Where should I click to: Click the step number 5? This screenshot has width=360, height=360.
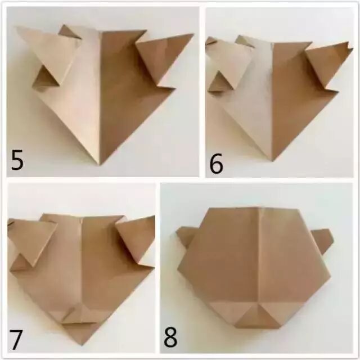[x=17, y=160]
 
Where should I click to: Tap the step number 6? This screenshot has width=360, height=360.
[x=216, y=164]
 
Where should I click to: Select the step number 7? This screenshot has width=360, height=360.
[x=16, y=339]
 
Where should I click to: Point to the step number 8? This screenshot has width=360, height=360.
[x=170, y=337]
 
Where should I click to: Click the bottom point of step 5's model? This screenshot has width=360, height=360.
[x=100, y=164]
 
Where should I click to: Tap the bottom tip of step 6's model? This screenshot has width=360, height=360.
[x=272, y=161]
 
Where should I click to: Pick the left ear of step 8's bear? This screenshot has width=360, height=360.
[x=183, y=236]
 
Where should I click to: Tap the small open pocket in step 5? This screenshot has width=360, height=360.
[x=46, y=79]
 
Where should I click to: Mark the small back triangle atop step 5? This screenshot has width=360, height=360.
[x=69, y=31]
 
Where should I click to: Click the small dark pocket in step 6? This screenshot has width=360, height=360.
[x=221, y=82]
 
